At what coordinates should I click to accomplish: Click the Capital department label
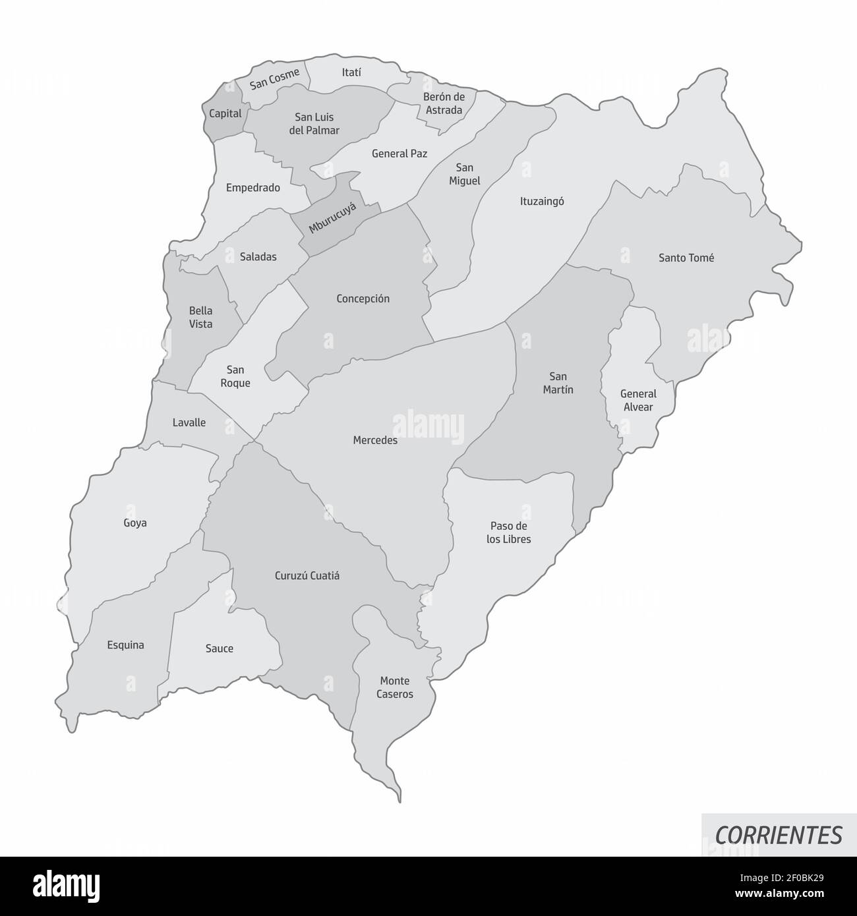coord(225,113)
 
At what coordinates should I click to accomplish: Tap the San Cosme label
coord(275,79)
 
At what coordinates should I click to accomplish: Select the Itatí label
coord(352,72)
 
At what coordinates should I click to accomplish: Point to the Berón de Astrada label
coord(444,103)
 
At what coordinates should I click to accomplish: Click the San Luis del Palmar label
coord(314,124)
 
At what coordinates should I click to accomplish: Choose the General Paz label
coord(399,154)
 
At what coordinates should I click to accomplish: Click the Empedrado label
coord(253,188)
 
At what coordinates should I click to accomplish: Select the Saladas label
coord(258,257)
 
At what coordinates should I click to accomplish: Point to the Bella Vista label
coord(201,317)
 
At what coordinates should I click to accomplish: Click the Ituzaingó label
coord(542,202)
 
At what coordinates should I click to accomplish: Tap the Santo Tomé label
coord(686,258)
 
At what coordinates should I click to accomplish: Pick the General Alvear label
coord(638,400)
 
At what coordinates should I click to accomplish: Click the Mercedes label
coord(375,440)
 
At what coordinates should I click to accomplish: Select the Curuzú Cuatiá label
coord(307,575)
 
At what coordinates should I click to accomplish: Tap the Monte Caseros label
coord(396,687)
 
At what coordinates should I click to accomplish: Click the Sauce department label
coord(220,648)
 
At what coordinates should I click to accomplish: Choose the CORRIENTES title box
coord(779,835)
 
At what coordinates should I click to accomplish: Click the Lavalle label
coord(189,422)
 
